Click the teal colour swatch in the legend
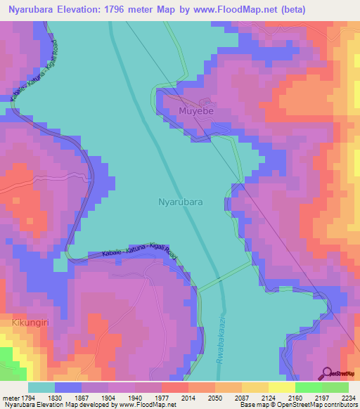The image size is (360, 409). click(x=41, y=387)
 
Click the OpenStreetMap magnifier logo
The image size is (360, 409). click(x=327, y=373)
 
